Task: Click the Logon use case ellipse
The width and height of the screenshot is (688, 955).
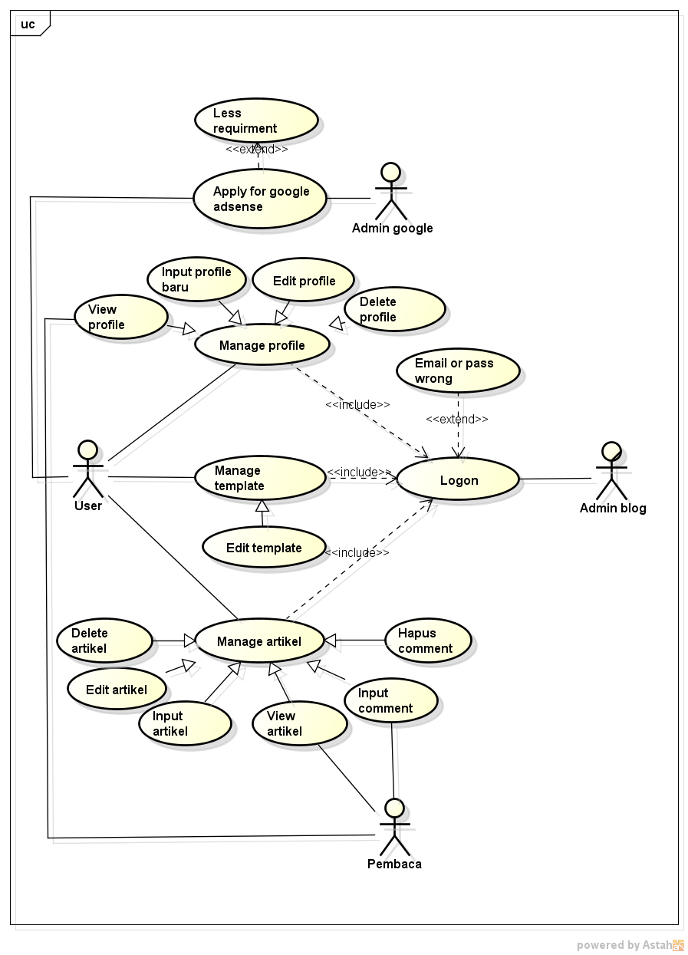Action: [459, 480]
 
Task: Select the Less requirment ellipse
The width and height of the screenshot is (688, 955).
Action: [255, 120]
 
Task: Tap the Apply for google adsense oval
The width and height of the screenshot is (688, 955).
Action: [260, 199]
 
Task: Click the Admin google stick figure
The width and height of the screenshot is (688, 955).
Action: [391, 192]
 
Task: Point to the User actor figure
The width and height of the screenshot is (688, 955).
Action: [87, 469]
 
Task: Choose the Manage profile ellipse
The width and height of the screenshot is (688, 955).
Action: [262, 345]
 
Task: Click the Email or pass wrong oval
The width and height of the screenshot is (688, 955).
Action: [458, 370]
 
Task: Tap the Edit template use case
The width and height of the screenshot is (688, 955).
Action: [264, 548]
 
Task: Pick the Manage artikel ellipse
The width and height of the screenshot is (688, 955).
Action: [259, 641]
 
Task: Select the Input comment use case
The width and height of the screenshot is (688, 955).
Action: [391, 700]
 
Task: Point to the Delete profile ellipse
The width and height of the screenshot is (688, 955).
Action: [394, 310]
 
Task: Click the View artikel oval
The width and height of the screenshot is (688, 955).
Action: [300, 723]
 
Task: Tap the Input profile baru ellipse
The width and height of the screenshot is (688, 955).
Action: [196, 279]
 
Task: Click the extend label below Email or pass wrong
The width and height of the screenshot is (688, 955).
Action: [457, 419]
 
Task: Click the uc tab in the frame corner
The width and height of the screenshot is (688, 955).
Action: [28, 25]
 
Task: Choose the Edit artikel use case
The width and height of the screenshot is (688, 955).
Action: [117, 689]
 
